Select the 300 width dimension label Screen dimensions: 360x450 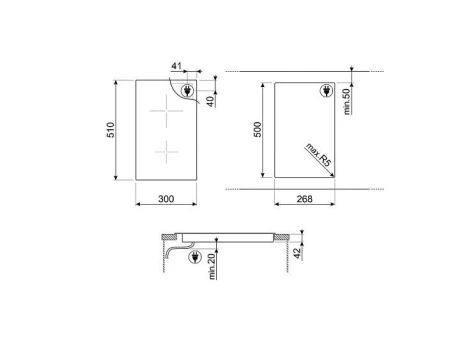pos(166,199)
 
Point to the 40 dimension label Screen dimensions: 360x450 pos(211,101)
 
